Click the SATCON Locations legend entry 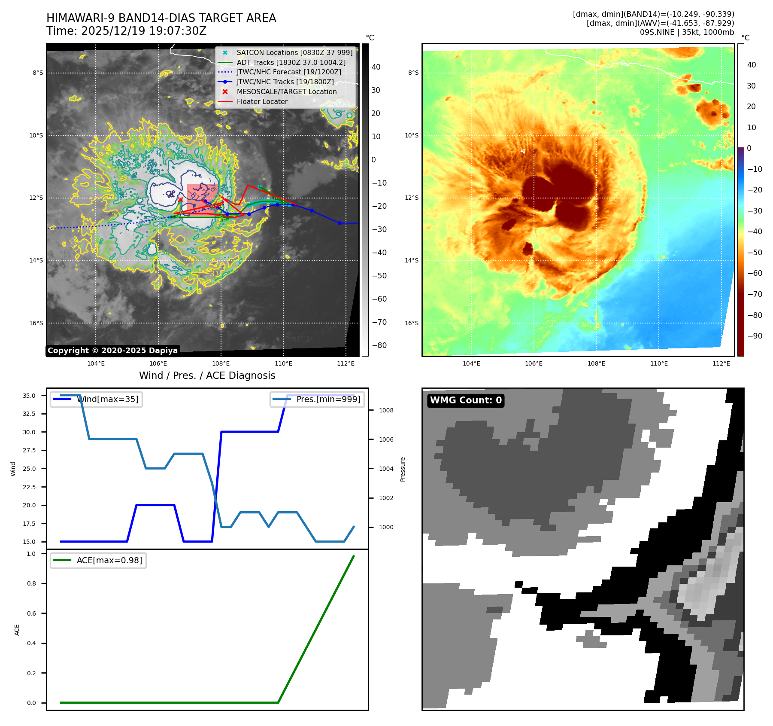[294, 52]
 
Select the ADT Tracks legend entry [291, 62]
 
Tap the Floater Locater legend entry [262, 101]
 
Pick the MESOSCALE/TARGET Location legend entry [286, 92]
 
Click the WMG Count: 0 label [466, 400]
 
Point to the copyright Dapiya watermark [112, 351]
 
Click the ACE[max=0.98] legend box [98, 560]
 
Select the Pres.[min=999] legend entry [318, 399]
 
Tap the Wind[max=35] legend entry [97, 399]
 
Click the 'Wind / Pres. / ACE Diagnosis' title [207, 375]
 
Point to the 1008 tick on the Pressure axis [386, 410]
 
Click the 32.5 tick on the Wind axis [29, 414]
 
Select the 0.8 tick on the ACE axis [31, 583]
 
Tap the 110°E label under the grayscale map [283, 363]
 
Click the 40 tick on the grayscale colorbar [376, 67]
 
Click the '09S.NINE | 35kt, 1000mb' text [687, 32]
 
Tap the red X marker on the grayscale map [180, 200]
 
